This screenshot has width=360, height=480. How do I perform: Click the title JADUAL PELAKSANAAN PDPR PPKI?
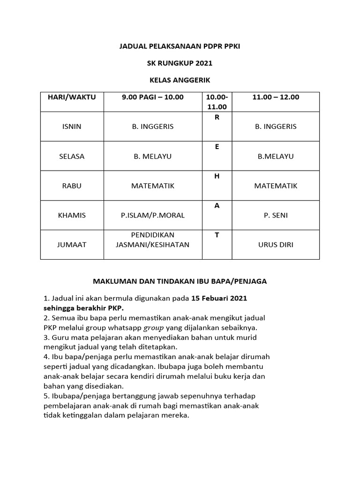coord(180,46)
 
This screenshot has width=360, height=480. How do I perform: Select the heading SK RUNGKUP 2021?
coord(180,63)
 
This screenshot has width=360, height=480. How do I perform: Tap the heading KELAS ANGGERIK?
coord(180,80)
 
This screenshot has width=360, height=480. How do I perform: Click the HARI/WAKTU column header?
coord(72,97)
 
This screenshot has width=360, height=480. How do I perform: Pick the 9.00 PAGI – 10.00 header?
coord(153,97)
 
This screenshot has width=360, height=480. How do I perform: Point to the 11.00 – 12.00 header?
coord(276,97)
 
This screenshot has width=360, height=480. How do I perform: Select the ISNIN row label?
coord(72,127)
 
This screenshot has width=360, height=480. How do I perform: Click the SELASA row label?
coord(72,156)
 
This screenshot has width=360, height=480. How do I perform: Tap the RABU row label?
coord(72,186)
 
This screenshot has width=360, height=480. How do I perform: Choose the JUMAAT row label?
coord(72,245)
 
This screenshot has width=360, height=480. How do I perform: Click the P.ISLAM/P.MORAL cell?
coord(153,215)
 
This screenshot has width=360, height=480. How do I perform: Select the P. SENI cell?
coord(276,215)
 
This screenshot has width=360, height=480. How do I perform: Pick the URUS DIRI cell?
coord(276,245)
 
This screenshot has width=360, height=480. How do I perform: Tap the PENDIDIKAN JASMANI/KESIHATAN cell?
coord(153,240)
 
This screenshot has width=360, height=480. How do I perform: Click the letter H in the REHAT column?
coord(217,176)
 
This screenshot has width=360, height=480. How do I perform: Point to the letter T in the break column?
coord(217,235)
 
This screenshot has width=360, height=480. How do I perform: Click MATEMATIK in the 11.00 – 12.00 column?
coord(276,186)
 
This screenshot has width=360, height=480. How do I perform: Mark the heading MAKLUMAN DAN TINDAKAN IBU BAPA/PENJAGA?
coord(180,281)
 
